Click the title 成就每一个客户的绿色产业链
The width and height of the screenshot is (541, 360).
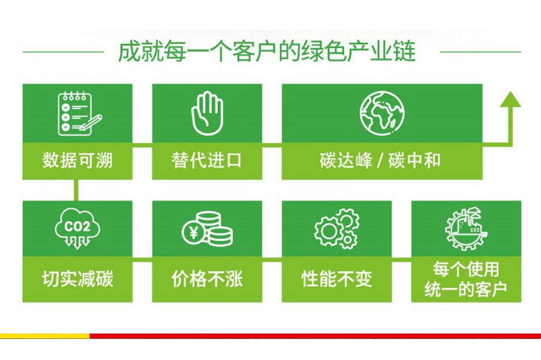[x=266, y=52]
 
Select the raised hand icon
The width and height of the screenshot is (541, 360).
[x=207, y=113]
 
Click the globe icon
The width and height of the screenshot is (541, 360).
[x=382, y=113]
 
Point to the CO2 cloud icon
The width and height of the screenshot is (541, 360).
[x=77, y=228]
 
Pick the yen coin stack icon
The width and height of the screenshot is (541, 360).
[x=207, y=229]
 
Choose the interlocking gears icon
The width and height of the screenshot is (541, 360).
[x=337, y=229]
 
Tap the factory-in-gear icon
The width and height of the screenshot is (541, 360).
[x=466, y=228]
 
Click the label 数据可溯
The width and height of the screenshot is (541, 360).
[x=77, y=161]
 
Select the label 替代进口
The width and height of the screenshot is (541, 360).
[x=207, y=161]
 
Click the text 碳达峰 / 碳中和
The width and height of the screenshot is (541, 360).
[x=380, y=161]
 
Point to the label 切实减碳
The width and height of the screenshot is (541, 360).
[x=77, y=278]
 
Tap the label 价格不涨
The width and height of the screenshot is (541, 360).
[x=207, y=278]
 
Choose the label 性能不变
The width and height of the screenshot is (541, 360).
[x=337, y=278]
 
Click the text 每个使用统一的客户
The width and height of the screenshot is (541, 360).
[x=466, y=279]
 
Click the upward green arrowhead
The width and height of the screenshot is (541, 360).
[x=510, y=99]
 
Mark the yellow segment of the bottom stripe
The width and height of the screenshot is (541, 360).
[x=45, y=336]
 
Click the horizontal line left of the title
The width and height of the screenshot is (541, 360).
[x=63, y=52]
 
